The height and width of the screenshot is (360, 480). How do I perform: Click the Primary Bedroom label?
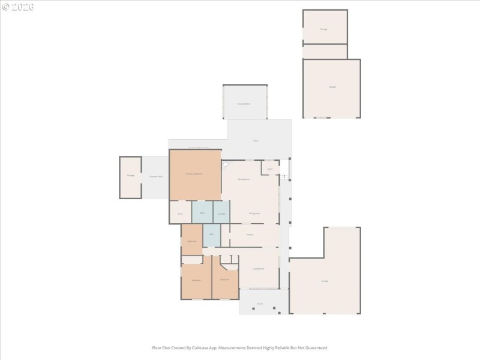pos(194,173)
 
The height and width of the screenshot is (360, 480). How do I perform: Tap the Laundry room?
pos(221,213)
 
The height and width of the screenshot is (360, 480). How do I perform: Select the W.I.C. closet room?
pos(180,213)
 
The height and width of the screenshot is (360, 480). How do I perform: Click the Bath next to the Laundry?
pos(203,213)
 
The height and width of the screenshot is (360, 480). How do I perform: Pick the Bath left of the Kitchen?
pos(212,234)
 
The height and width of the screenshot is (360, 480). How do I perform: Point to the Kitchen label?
pos(250,234)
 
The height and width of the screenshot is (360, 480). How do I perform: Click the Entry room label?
pos(270,169)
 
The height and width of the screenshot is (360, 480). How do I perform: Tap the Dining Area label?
pos(254,213)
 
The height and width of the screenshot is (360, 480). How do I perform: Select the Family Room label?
pos(244,179)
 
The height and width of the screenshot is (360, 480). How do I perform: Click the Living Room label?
pos(259,269)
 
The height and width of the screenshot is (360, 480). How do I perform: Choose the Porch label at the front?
pos(260,304)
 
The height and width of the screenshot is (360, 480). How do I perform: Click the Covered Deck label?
pos(244,104)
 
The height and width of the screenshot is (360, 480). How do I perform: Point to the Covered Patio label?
pos(155,176)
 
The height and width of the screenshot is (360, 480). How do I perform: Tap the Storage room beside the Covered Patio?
pos(130,176)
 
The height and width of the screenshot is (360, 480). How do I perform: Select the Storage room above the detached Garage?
pos(324,29)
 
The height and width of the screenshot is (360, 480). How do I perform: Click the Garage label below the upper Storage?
pos(332,87)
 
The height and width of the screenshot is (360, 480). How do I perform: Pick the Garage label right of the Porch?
pos(325,281)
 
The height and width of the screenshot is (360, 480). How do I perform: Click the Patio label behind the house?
pos(256,140)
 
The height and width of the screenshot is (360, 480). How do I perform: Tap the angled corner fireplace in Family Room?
pos(226,164)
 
